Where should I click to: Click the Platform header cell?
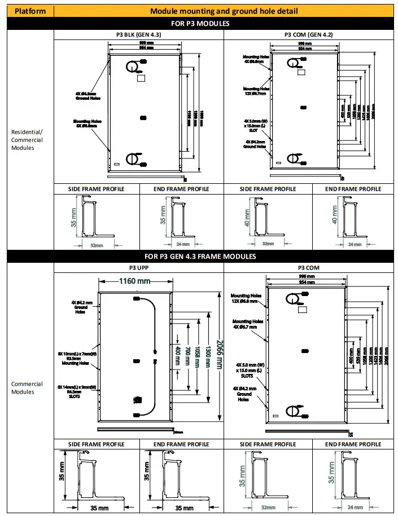30,11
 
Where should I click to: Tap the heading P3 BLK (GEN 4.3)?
138,34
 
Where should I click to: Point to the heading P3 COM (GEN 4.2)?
308,34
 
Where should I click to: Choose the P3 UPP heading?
138,268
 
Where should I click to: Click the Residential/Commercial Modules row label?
27,140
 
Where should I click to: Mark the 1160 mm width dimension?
134,280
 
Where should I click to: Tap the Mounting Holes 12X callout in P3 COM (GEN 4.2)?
256,91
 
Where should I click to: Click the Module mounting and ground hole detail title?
224,11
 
